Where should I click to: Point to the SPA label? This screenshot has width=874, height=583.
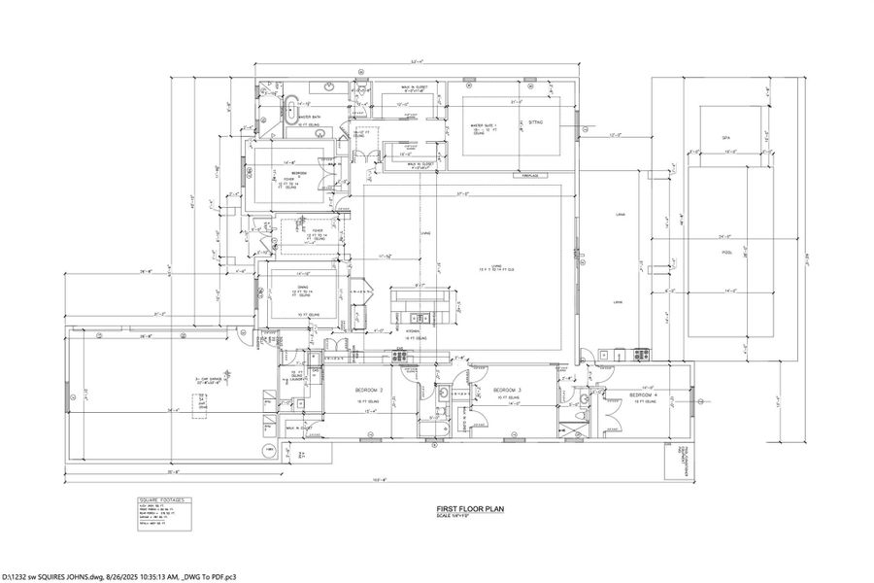(x=725, y=138)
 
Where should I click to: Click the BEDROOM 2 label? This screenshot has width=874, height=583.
(x=340, y=390)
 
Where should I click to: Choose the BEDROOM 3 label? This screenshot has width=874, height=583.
(x=506, y=390)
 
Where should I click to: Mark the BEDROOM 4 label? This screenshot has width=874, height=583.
(x=643, y=395)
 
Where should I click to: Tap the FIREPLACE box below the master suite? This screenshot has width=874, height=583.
(x=529, y=176)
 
